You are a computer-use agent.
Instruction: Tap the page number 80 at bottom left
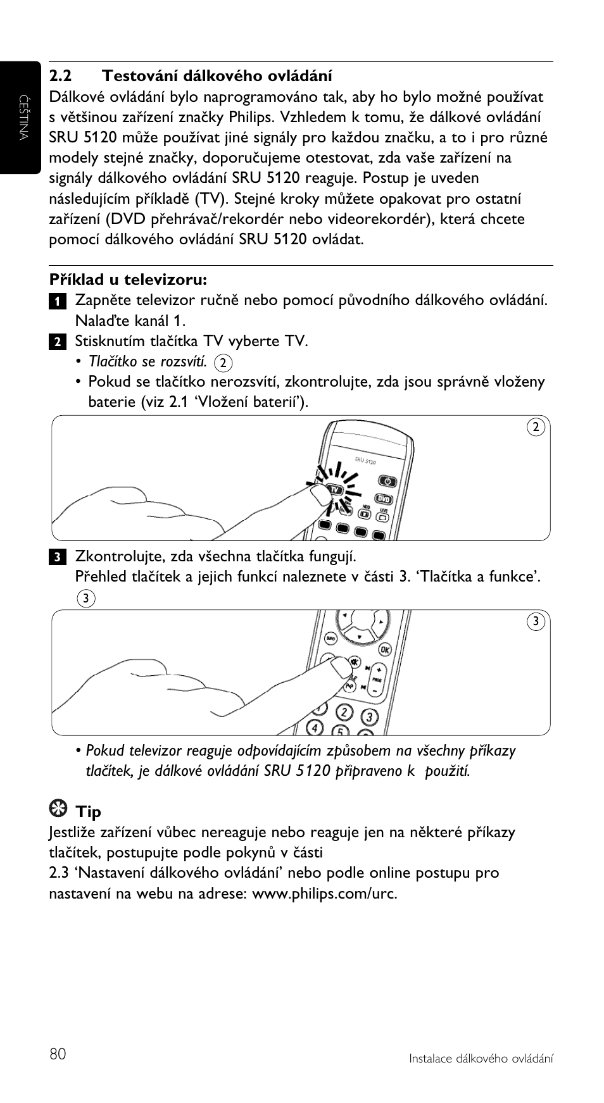[x=58, y=1054]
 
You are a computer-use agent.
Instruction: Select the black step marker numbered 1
[x=56, y=301]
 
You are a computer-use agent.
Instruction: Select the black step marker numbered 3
[x=56, y=558]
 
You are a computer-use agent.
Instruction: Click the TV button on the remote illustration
[x=335, y=490]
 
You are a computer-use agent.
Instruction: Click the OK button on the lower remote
[x=384, y=649]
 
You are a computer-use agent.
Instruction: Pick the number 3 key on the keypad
[x=369, y=716]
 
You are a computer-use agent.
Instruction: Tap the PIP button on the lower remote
[x=349, y=685]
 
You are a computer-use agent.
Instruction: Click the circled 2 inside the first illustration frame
[x=536, y=427]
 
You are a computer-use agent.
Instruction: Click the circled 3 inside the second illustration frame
[x=536, y=622]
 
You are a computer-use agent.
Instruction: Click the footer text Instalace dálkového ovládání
[x=481, y=1058]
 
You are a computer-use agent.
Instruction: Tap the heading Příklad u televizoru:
[x=129, y=279]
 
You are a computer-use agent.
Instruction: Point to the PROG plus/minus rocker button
[x=378, y=680]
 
